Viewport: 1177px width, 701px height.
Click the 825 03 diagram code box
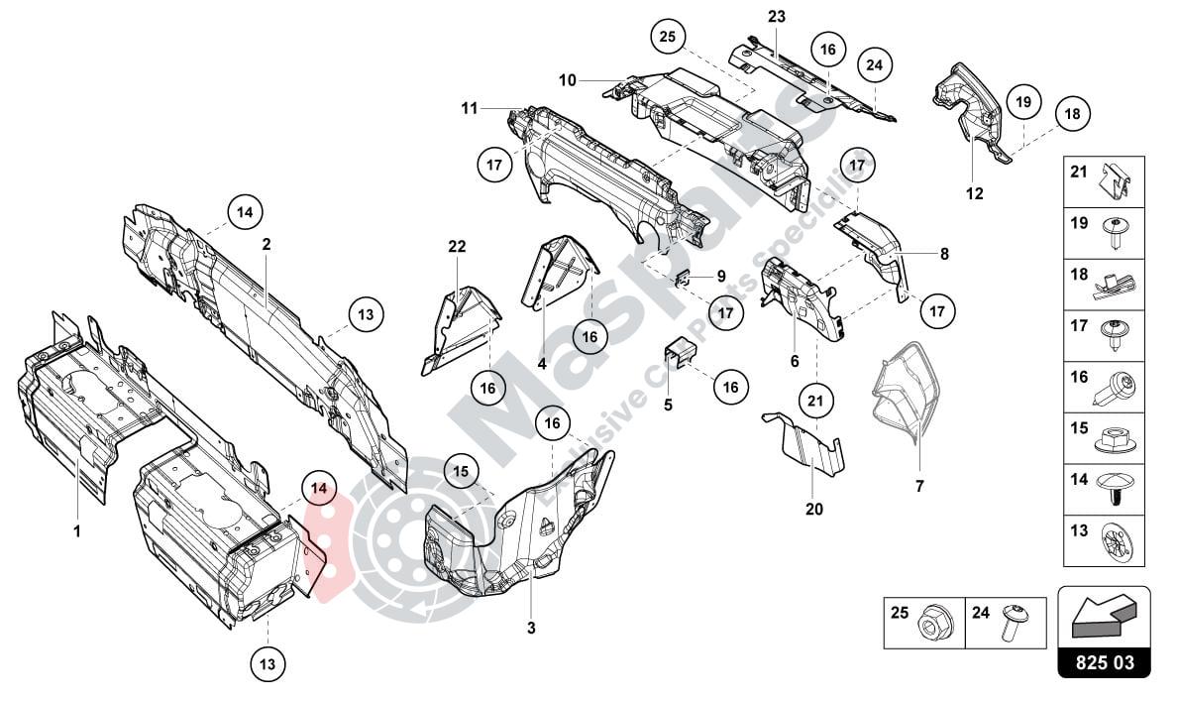pyautogui.click(x=1104, y=660)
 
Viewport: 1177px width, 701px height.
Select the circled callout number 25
pyautogui.click(x=668, y=37)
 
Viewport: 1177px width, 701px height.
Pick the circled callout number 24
pyautogui.click(x=874, y=64)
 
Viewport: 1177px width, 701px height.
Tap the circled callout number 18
pyautogui.click(x=1070, y=115)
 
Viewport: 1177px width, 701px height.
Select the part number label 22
pyautogui.click(x=456, y=246)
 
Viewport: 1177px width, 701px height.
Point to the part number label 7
pyautogui.click(x=918, y=486)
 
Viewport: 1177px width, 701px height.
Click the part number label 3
pyautogui.click(x=531, y=628)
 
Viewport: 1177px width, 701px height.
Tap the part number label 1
pyautogui.click(x=75, y=531)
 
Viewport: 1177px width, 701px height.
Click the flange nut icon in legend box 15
pyautogui.click(x=1120, y=440)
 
